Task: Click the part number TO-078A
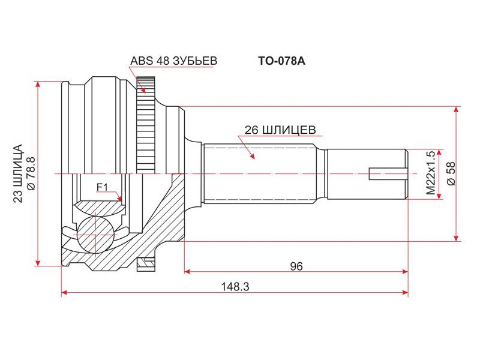point(281,61)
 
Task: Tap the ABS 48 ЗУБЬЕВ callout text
point(173,61)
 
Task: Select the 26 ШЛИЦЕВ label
point(280,130)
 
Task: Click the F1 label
point(102,187)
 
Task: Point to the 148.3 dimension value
point(235,287)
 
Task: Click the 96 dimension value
point(296,266)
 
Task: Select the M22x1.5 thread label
point(430,173)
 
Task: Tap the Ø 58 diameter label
point(451,173)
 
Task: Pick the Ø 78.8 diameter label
point(31,173)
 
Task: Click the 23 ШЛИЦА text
point(18,173)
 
